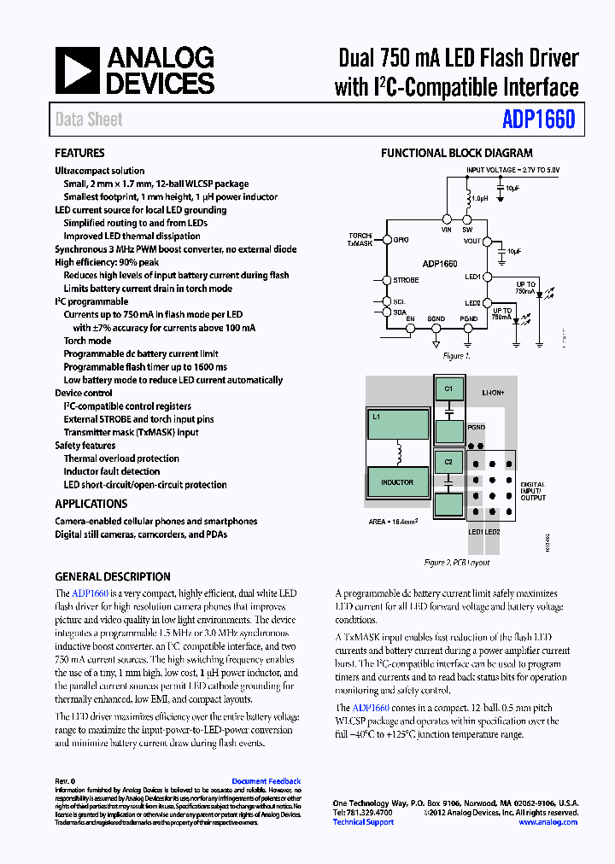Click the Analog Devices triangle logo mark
coord(78,70)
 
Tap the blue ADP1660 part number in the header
coord(538,120)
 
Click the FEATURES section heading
coord(79,154)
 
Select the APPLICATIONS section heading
coord(91,504)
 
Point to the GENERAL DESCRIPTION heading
coord(113,576)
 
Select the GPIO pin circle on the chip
coord(385,240)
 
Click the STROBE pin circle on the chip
coord(385,280)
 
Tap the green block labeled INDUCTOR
coord(397,482)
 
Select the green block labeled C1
coord(448,389)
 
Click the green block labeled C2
coord(448,461)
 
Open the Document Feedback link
coord(266,781)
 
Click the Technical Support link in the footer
coord(363,822)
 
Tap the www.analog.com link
coord(548,822)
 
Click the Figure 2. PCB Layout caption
coord(457,563)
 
